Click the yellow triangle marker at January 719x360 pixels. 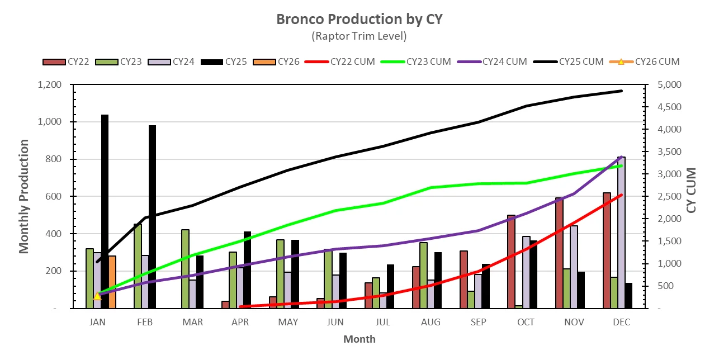point(97,296)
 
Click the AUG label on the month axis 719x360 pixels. point(431,323)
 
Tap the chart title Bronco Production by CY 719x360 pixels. point(359,19)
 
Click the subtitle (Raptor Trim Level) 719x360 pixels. point(359,36)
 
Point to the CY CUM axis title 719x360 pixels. point(692,190)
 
